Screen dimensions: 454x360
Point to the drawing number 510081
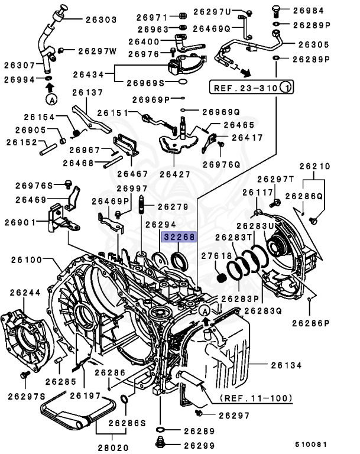[311, 442]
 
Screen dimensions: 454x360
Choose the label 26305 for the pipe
[315, 43]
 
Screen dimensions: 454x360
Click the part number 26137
[87, 93]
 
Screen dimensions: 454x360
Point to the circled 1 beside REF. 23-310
[287, 89]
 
